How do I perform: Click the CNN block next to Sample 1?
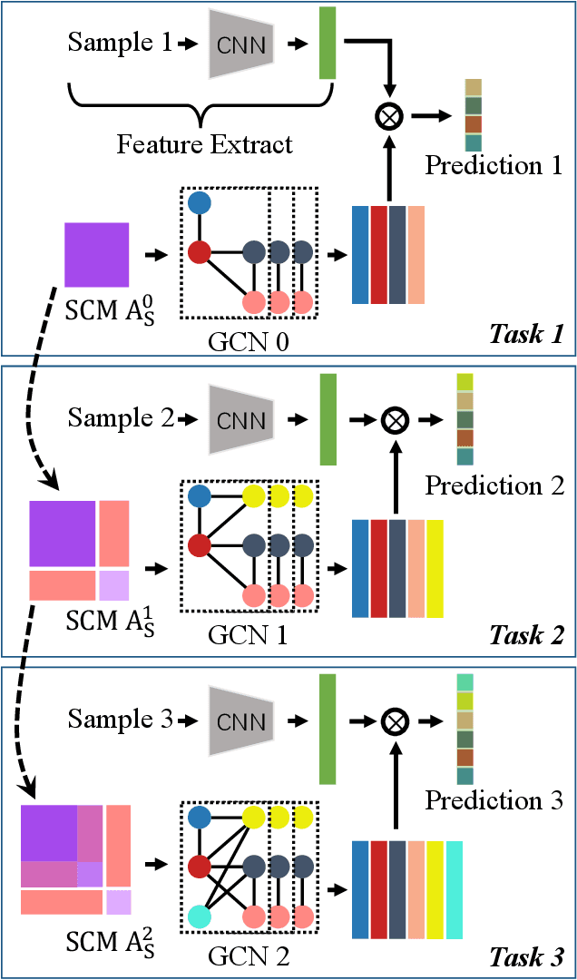(x=240, y=44)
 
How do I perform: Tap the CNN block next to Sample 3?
(x=240, y=721)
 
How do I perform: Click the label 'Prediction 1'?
(x=494, y=166)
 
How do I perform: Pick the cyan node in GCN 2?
(x=200, y=916)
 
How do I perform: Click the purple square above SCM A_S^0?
(x=97, y=254)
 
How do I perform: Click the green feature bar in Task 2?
(x=328, y=418)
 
